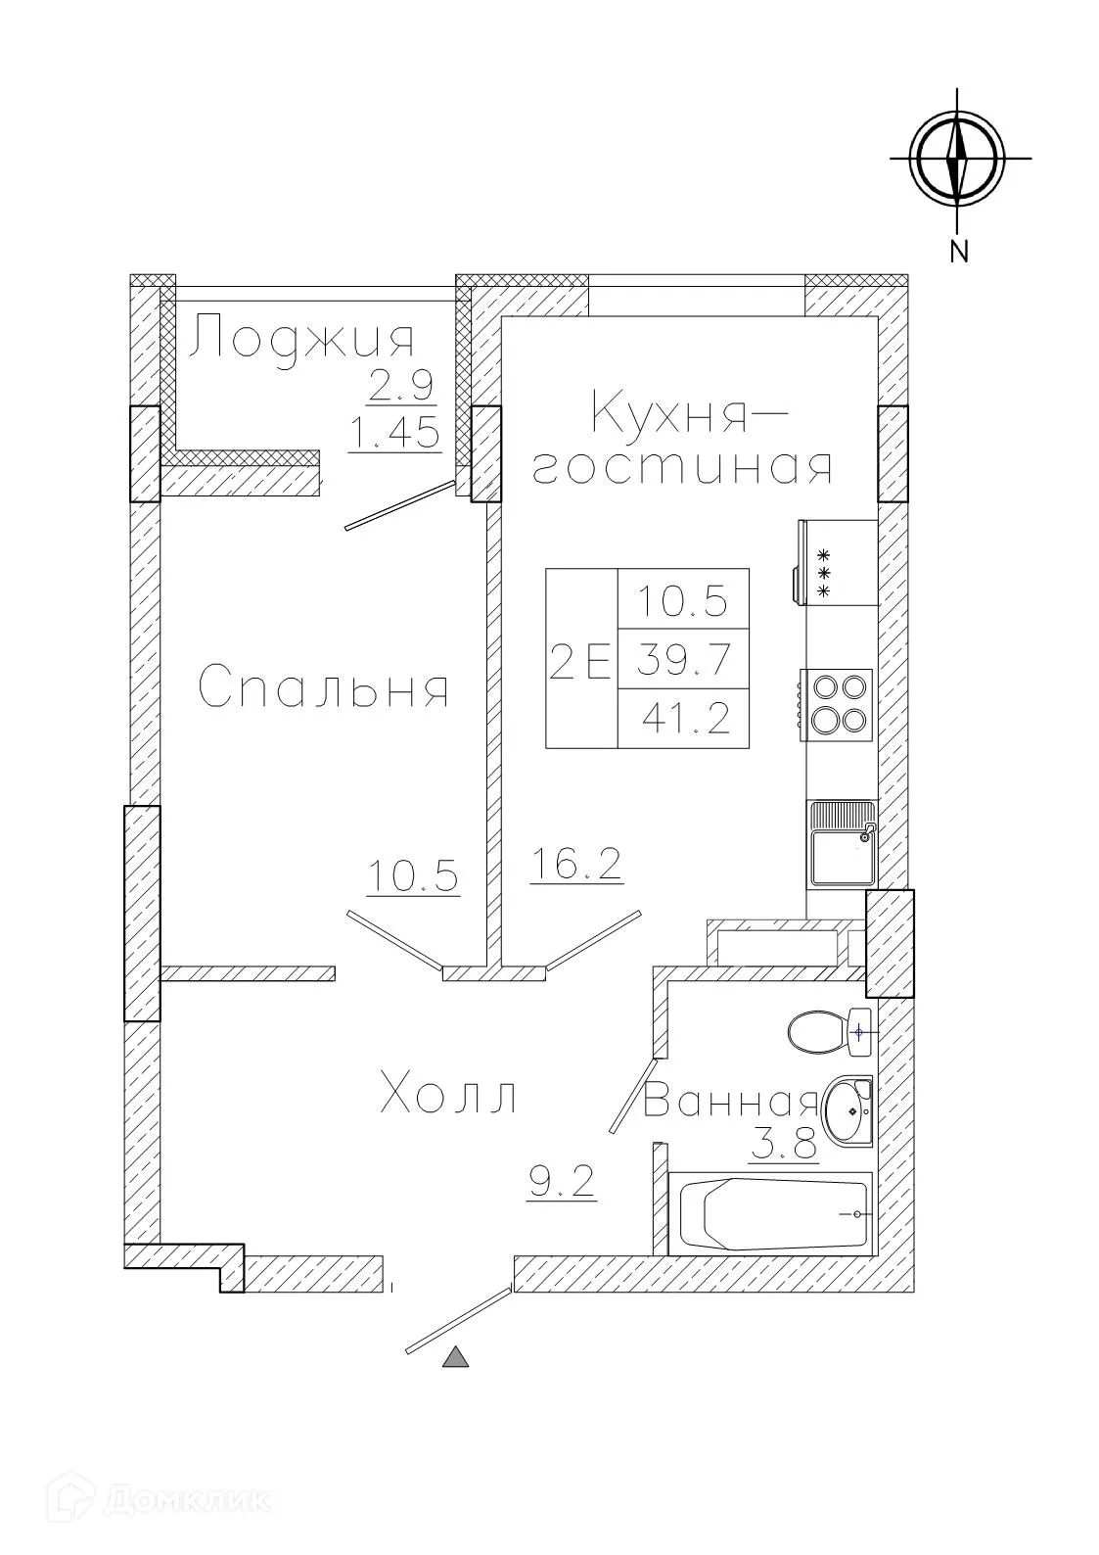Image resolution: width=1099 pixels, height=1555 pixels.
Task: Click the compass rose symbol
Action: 957,157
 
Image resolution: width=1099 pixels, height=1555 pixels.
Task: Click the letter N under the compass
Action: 959,252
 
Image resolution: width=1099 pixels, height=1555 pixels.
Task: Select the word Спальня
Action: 324,687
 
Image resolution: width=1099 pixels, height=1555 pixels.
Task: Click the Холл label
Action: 448,1094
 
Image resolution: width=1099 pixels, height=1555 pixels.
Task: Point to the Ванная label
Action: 730,1103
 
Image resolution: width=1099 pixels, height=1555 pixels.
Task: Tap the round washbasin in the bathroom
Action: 847,1111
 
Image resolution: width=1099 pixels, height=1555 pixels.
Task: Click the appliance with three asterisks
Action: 838,562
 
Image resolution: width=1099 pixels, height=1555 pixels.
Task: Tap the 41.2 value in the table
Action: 686,720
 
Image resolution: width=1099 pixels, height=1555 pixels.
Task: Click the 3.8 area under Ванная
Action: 783,1144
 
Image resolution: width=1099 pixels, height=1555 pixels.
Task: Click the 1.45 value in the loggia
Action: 394,432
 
